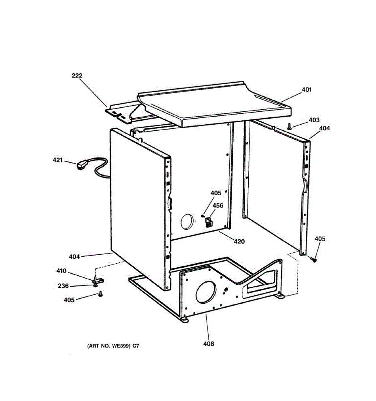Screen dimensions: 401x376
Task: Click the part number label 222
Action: tap(77, 76)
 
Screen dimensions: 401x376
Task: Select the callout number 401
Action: tap(306, 90)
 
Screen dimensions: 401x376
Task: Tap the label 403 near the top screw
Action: tap(314, 120)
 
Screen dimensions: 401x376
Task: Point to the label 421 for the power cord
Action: tap(58, 160)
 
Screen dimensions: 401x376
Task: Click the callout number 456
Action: tap(218, 206)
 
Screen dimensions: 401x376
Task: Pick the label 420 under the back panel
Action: tap(239, 242)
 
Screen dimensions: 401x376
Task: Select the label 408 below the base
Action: tap(209, 344)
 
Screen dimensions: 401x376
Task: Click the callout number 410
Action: tap(61, 271)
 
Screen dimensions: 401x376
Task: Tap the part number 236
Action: tap(63, 286)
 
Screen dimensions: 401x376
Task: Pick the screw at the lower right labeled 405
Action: tap(314, 259)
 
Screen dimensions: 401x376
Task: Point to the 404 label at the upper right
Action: tap(324, 128)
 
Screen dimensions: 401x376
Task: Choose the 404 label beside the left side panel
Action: tap(74, 257)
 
